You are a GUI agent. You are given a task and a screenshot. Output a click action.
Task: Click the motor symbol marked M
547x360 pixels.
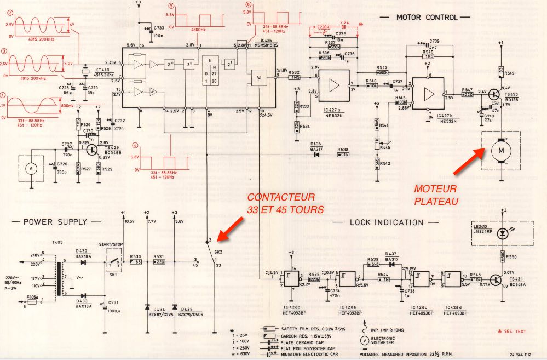click(x=499, y=148)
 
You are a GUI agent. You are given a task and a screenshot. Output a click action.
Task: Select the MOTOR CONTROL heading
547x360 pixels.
click(x=426, y=18)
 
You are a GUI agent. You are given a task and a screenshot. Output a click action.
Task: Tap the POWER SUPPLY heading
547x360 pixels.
click(x=55, y=221)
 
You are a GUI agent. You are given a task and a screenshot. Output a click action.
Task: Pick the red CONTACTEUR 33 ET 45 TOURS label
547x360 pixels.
click(x=285, y=203)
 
